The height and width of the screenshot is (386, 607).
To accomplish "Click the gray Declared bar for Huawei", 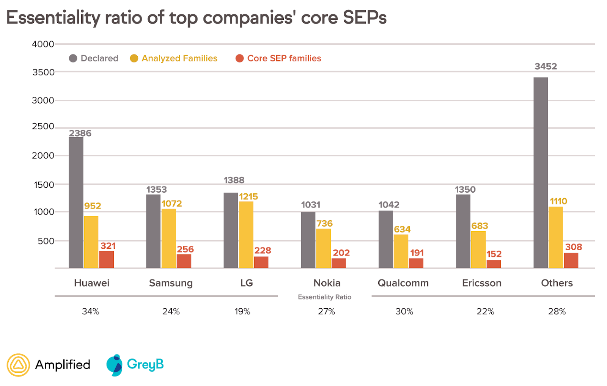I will click(x=76, y=202).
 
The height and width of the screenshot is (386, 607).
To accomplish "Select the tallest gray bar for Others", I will click(x=540, y=173).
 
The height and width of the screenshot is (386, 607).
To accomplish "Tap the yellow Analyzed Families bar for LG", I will click(x=246, y=235).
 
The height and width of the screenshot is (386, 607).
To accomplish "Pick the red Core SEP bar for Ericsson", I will click(x=494, y=264).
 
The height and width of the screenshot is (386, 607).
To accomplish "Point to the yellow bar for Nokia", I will click(x=323, y=248).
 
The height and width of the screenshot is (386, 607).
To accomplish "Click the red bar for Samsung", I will click(x=184, y=261).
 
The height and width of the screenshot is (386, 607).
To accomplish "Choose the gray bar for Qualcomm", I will click(x=385, y=239).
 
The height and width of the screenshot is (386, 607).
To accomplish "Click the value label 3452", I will click(x=546, y=66).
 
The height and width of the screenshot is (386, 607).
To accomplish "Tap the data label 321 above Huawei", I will click(x=108, y=246).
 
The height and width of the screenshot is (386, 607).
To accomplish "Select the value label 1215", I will click(x=248, y=196).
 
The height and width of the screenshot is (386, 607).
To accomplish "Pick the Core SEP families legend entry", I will click(x=278, y=58).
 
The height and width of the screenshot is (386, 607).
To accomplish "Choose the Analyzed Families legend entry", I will click(x=174, y=58).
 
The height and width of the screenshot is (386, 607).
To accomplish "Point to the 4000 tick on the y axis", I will click(x=43, y=44).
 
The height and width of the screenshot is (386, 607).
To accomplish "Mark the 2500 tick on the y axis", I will click(x=43, y=126).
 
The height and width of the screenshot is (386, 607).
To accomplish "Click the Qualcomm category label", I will click(x=403, y=283).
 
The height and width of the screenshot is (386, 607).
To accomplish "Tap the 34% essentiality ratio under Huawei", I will click(x=91, y=311).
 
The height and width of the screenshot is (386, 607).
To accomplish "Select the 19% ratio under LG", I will click(x=242, y=311).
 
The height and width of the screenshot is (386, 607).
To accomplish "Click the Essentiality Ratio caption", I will click(x=324, y=297).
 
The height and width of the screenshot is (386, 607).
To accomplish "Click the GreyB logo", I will click(x=135, y=365).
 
